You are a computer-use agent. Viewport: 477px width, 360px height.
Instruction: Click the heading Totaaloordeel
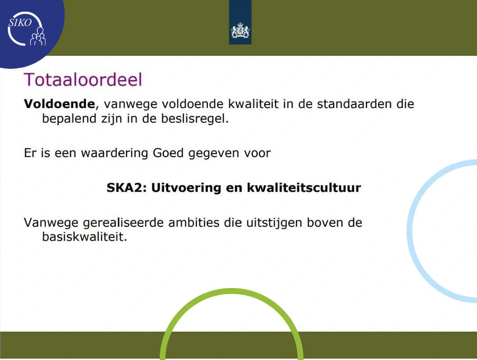click(x=83, y=80)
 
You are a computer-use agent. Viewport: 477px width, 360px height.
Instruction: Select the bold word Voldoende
click(x=59, y=104)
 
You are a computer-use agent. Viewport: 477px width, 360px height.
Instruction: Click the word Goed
click(x=168, y=153)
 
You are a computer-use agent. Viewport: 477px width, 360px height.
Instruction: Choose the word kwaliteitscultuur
click(x=304, y=188)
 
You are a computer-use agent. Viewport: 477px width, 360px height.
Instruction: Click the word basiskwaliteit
click(x=84, y=237)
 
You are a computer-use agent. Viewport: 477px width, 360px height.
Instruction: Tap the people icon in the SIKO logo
click(x=38, y=37)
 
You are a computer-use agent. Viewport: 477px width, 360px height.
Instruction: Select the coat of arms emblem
click(x=240, y=31)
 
